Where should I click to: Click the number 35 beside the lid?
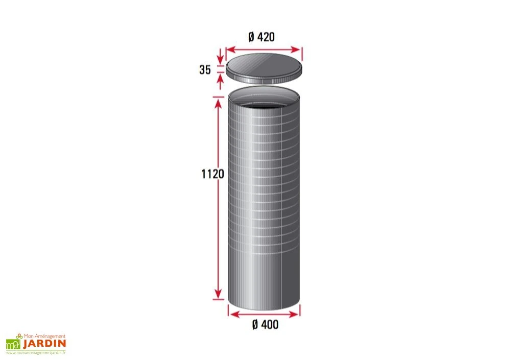click(x=205, y=70)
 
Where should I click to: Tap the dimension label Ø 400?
click(x=266, y=324)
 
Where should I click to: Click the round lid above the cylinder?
click(x=264, y=66)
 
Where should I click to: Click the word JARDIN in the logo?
click(x=44, y=343)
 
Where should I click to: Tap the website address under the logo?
click(x=36, y=352)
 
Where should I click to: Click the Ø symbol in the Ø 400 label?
click(x=255, y=324)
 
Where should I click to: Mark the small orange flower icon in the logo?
click(x=19, y=336)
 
